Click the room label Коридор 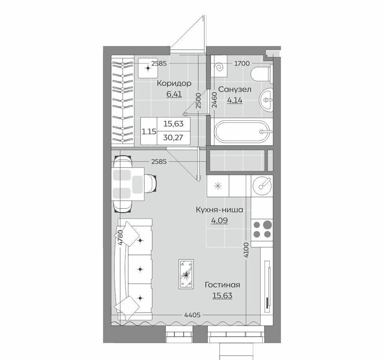click(174, 84)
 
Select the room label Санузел click(235, 89)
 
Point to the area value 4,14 click(235, 100)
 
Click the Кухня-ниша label click(220, 210)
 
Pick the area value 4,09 click(220, 220)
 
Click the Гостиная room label click(222, 285)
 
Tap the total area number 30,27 click(173, 137)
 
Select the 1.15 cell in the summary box click(149, 132)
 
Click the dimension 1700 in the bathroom click(242, 64)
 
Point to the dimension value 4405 click(192, 315)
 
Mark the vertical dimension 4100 click(246, 250)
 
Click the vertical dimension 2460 click(214, 100)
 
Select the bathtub click(242, 132)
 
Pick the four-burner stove click(262, 229)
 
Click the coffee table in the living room click(186, 274)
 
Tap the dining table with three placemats click(128, 184)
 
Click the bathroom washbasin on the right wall click(266, 100)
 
